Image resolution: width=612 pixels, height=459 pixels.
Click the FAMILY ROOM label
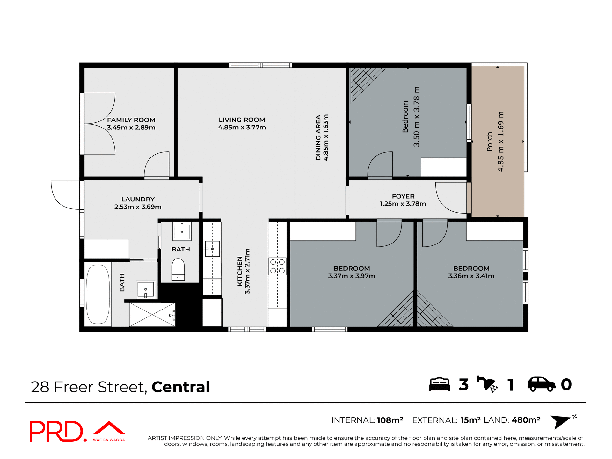pyautogui.click(x=131, y=120)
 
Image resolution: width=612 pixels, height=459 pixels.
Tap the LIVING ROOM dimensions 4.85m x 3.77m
pyautogui.click(x=242, y=127)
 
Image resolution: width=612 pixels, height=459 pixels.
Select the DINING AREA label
pyautogui.click(x=318, y=137)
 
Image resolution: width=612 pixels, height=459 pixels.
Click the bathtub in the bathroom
pyautogui.click(x=98, y=294)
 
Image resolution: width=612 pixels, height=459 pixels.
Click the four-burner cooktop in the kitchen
pyautogui.click(x=277, y=266)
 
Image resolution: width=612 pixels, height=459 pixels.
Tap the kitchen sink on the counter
pyautogui.click(x=212, y=249)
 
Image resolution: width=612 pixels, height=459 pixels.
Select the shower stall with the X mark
pyautogui.click(x=152, y=315)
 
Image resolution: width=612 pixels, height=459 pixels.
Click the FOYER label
pyautogui.click(x=403, y=196)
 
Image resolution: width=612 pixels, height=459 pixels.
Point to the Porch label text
pyautogui.click(x=490, y=141)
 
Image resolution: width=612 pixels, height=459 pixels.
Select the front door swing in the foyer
pyautogui.click(x=450, y=198)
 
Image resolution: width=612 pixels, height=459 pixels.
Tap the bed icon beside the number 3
pyautogui.click(x=439, y=384)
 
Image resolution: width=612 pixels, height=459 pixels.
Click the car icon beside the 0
pyautogui.click(x=541, y=384)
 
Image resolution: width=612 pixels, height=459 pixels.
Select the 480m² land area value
pyautogui.click(x=526, y=420)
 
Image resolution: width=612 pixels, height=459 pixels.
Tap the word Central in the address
pyautogui.click(x=180, y=387)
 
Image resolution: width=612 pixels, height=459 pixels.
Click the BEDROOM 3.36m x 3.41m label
pyautogui.click(x=471, y=272)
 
